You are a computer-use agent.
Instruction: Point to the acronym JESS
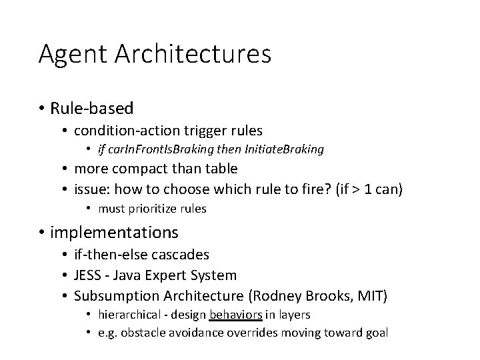click(x=88, y=275)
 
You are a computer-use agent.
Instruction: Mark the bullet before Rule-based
click(x=41, y=108)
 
